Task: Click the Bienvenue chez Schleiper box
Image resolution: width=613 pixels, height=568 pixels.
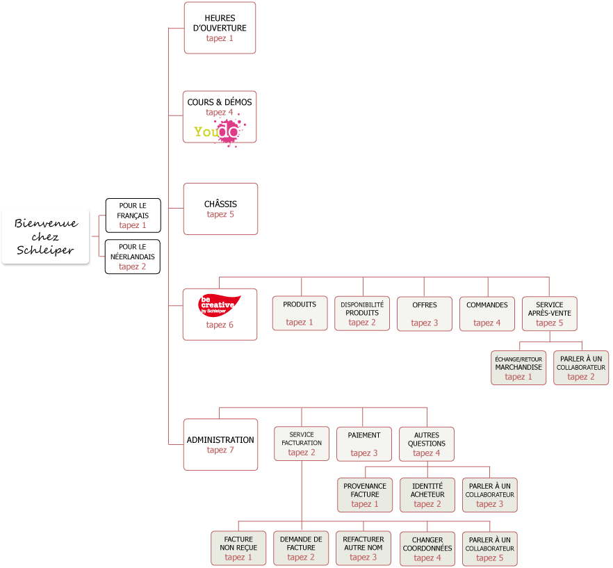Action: tap(45, 236)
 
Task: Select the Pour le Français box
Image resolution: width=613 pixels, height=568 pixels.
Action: tap(133, 216)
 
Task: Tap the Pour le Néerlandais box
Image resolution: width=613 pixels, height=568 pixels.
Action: tap(133, 257)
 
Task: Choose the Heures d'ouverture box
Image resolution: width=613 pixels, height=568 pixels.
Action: tap(220, 28)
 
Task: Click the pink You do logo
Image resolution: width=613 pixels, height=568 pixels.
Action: tap(218, 131)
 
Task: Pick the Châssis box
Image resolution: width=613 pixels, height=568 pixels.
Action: tap(220, 209)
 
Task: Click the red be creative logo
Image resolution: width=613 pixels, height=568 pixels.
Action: tap(220, 305)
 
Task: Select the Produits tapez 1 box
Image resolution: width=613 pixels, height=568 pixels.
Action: tap(300, 313)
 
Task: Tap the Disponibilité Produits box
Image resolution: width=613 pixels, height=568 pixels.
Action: tap(362, 313)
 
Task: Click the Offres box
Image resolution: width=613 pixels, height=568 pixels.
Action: tap(425, 313)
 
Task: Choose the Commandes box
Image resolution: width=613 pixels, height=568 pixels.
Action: tap(487, 313)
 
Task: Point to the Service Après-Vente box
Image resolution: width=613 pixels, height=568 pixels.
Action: tap(550, 313)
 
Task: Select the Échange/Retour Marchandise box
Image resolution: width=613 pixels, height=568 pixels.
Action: tap(518, 367)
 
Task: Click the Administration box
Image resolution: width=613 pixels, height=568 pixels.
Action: tap(220, 444)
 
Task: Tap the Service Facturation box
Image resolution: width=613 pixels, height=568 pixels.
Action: tap(302, 443)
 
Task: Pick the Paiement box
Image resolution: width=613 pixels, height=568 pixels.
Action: tap(364, 443)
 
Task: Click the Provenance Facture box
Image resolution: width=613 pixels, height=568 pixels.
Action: tap(365, 494)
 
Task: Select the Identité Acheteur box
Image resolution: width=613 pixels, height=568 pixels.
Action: tap(427, 494)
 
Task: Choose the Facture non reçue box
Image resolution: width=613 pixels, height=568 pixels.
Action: tap(238, 548)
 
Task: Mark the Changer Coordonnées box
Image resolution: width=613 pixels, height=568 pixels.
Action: tap(427, 548)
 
